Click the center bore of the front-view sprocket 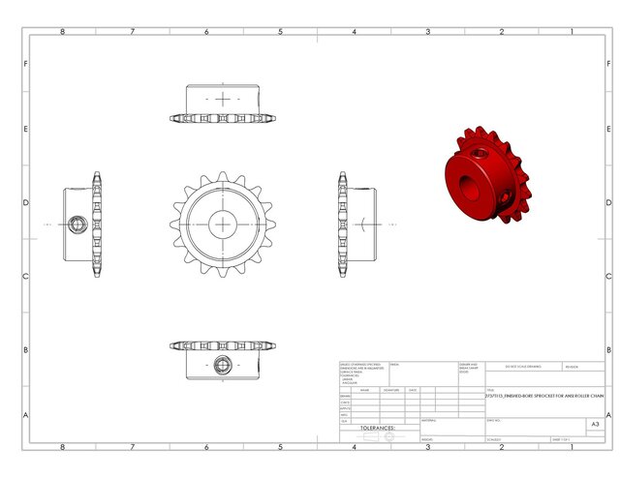[224, 224]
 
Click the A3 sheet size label [594, 425]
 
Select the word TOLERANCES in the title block [378, 427]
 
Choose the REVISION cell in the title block [571, 368]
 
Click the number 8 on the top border [63, 31]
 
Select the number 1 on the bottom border [571, 447]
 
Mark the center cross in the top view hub [224, 99]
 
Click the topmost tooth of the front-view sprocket [224, 176]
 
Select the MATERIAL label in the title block [429, 420]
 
